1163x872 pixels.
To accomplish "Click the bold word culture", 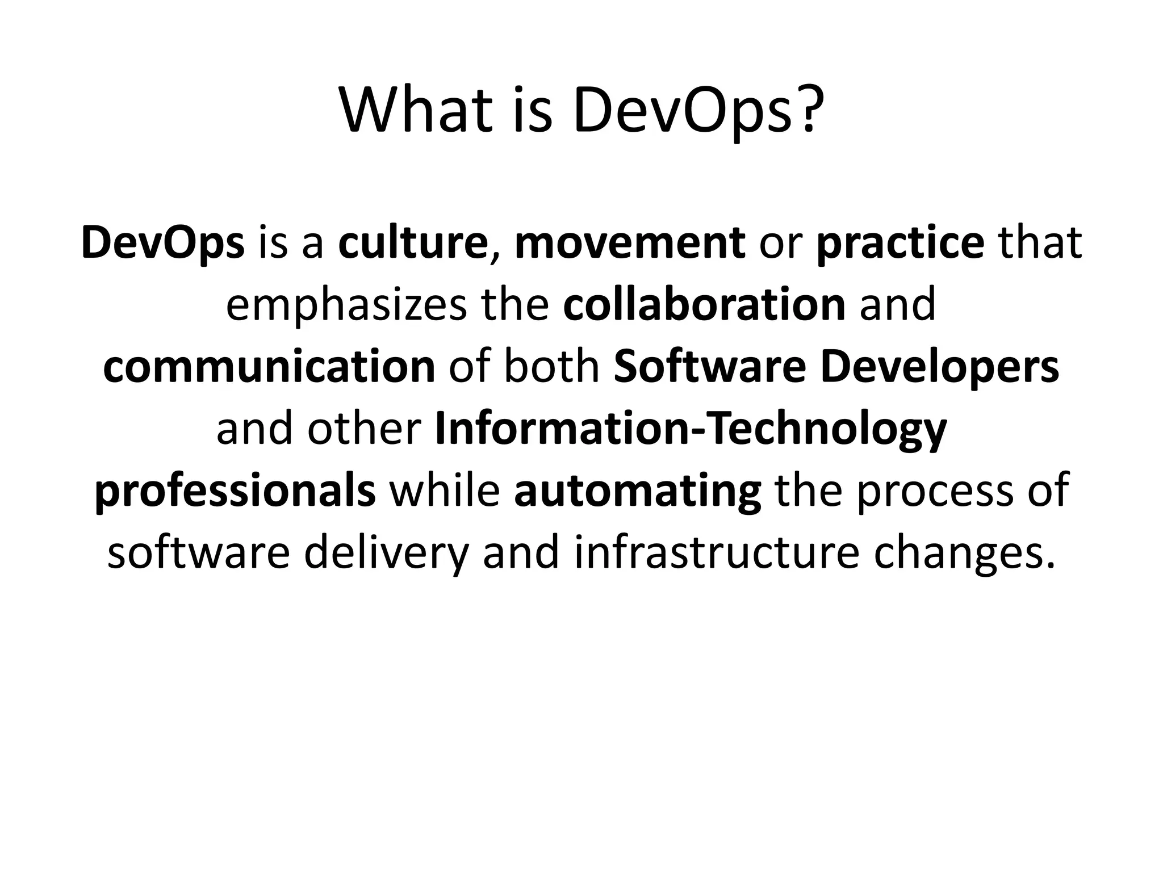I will [x=412, y=243].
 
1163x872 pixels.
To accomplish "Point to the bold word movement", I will [x=629, y=243].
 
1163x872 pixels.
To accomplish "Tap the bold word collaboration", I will [x=704, y=305].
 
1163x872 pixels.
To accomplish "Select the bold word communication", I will [x=269, y=367].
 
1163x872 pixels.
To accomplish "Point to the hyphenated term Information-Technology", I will [x=691, y=430].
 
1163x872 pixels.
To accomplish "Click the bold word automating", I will [x=637, y=492].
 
